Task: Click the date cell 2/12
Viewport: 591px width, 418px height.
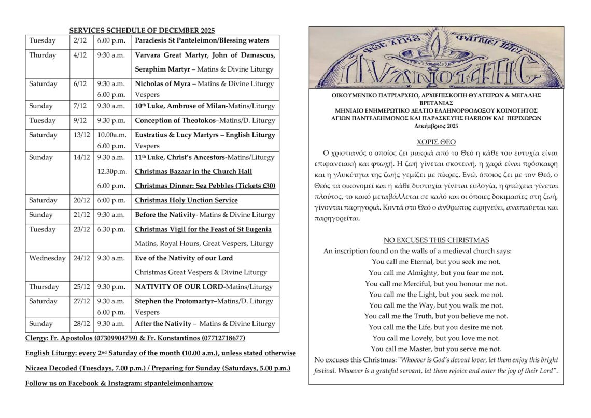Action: click(x=80, y=40)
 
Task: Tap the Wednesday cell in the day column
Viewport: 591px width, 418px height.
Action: click(x=47, y=258)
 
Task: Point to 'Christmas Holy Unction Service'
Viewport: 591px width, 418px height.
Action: click(x=186, y=200)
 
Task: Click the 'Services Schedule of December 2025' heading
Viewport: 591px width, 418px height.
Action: click(x=142, y=31)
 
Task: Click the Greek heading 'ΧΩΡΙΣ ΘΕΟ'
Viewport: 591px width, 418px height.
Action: click(x=436, y=142)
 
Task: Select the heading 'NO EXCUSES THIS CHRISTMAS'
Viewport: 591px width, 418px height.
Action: click(x=436, y=240)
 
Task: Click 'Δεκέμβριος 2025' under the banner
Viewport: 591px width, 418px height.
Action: click(x=436, y=126)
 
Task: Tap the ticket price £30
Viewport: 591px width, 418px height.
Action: click(x=269, y=186)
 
